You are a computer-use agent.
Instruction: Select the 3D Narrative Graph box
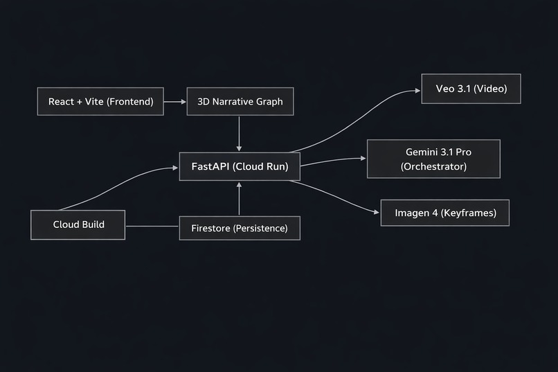click(240, 102)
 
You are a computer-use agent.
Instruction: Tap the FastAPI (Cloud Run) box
click(240, 166)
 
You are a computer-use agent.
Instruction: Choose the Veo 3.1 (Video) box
click(471, 89)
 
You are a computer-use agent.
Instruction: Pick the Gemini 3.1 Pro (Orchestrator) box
click(433, 159)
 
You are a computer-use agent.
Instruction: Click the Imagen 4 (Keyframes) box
click(445, 213)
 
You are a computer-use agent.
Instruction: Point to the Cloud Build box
click(78, 224)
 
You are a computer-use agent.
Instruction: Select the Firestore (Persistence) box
click(240, 228)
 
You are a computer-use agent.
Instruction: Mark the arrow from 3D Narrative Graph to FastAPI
click(239, 133)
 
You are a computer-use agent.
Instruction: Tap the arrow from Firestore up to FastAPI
click(239, 199)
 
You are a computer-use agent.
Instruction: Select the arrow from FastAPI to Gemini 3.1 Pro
click(332, 161)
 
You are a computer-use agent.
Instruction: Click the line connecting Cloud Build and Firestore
click(152, 227)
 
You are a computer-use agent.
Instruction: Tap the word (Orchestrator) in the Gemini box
click(433, 167)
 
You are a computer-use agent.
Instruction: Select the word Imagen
click(412, 213)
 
